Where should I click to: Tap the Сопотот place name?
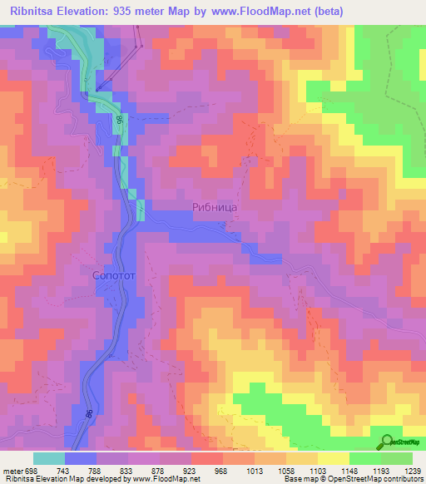pos(114,272)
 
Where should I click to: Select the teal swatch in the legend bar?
pos(49,458)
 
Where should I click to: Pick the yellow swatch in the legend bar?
pos(334,458)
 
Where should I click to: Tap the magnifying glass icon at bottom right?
pos(389,442)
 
